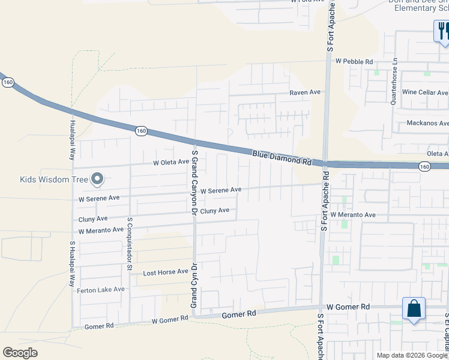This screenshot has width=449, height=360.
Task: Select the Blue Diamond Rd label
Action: [282, 158]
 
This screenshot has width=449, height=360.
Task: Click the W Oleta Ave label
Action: [171, 162]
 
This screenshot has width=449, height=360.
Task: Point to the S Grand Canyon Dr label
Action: [194, 182]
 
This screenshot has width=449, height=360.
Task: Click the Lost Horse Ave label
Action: [166, 272]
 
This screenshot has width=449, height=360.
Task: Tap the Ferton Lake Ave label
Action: [101, 290]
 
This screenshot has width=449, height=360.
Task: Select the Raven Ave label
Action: [305, 92]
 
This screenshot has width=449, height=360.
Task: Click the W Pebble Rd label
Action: [354, 61]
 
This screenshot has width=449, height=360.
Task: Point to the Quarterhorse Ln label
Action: [394, 82]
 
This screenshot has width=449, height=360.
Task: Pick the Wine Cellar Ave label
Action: [425, 92]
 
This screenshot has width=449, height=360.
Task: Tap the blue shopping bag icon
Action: [414, 310]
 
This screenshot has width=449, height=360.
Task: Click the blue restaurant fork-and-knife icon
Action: [442, 30]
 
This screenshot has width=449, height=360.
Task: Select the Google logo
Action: [20, 353]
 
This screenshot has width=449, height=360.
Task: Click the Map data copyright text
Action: [412, 355]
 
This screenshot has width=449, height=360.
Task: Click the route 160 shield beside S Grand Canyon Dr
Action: [141, 130]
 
